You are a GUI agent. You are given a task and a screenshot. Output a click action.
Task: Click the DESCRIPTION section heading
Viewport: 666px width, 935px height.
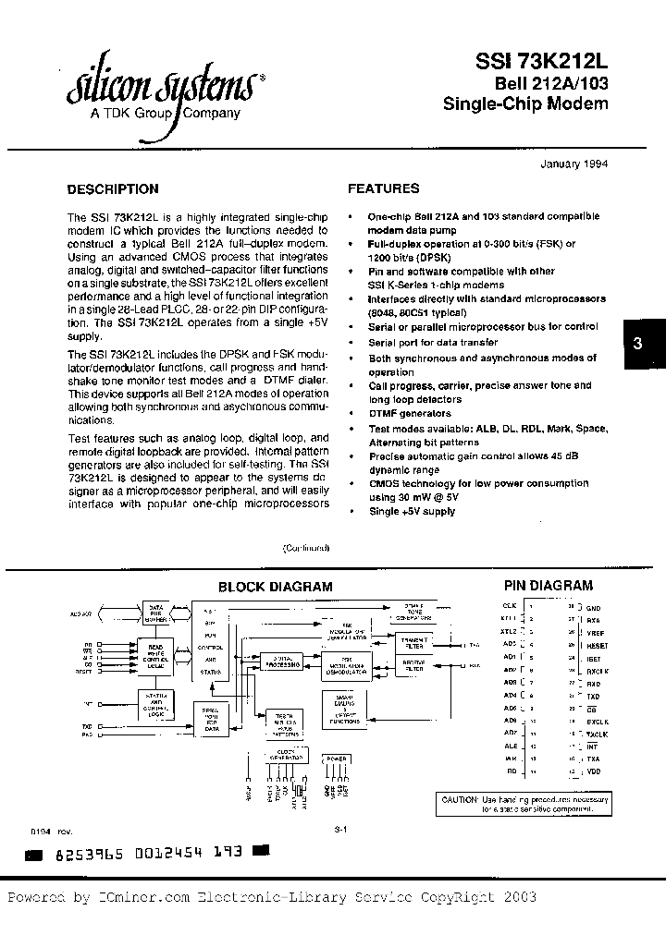coord(113,189)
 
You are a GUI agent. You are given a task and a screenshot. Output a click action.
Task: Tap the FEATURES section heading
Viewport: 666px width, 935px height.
coord(383,188)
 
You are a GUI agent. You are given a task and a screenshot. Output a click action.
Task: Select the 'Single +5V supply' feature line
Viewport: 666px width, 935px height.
coord(413,511)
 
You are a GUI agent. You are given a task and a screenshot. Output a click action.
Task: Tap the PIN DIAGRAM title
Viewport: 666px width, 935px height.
coord(548,585)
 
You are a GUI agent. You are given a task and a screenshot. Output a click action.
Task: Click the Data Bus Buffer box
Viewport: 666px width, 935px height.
coord(156,611)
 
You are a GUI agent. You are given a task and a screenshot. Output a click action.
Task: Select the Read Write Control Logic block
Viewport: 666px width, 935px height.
coord(156,650)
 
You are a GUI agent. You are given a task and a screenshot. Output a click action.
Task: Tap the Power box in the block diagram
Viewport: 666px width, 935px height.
coord(335,759)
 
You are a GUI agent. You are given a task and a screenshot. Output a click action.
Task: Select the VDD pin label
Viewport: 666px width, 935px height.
coord(593,770)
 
